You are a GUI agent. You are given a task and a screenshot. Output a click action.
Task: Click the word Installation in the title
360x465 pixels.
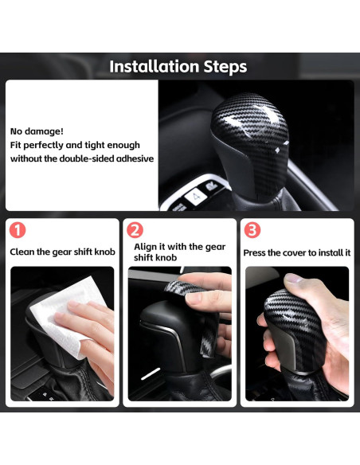click(x=154, y=66)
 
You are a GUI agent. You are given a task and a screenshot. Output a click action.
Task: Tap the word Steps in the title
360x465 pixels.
click(x=225, y=67)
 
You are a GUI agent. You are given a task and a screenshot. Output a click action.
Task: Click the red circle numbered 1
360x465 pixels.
click(x=18, y=230)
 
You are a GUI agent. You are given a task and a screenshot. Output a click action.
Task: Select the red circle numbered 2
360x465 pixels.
click(x=135, y=230)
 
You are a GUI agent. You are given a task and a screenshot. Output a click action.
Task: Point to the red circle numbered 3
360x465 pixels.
click(x=252, y=230)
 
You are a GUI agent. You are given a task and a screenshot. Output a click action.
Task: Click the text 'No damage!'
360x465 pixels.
click(x=37, y=131)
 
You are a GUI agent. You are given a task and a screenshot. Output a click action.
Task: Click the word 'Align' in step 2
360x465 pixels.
click(x=145, y=247)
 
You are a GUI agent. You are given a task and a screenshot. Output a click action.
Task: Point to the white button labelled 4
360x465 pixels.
click(x=196, y=196)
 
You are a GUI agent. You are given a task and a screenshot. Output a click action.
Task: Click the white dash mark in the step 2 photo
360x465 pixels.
click(x=151, y=374)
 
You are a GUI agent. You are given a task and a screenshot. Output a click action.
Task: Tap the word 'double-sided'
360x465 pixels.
click(x=87, y=158)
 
